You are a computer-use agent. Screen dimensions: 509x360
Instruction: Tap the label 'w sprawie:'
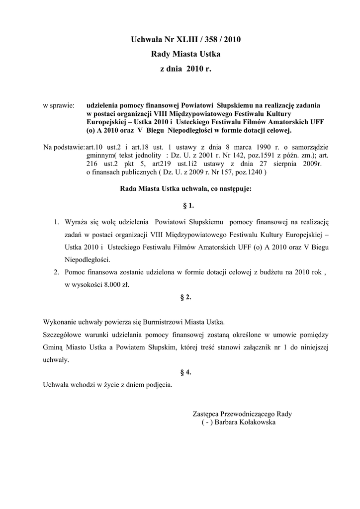[x=59, y=106]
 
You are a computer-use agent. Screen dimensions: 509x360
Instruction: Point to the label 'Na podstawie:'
[x=64, y=148]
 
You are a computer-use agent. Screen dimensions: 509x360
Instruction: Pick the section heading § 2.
[x=185, y=297]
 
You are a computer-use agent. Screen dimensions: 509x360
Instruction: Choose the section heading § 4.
[x=185, y=373]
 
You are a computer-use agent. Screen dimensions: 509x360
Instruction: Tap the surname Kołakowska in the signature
[x=254, y=422]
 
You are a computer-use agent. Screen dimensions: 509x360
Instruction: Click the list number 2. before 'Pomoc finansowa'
[x=57, y=272]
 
